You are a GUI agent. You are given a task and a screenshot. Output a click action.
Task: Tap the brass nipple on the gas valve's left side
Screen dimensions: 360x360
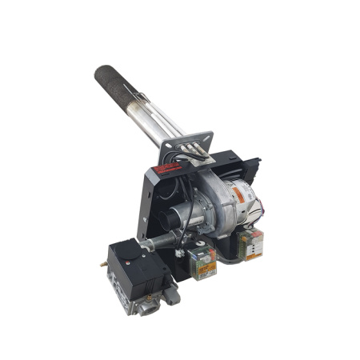click(x=104, y=265)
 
